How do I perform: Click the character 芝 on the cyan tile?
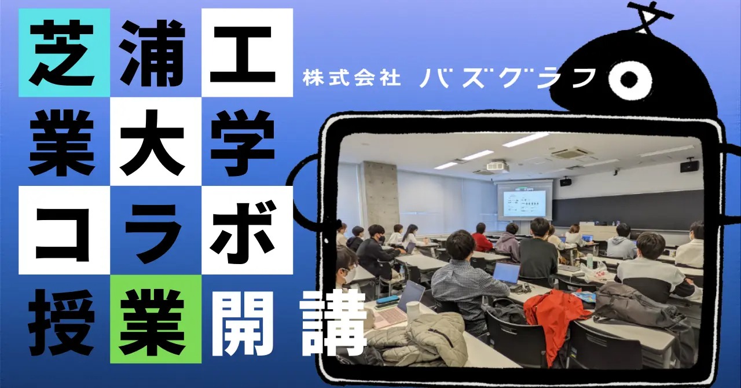(63, 52)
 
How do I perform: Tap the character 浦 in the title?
(153, 52)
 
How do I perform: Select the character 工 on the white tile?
(243, 54)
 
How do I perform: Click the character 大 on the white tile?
(152, 142)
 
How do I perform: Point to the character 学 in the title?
(243, 142)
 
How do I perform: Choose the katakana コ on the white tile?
(63, 233)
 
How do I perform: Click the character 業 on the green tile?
(152, 322)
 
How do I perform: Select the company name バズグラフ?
(507, 78)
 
